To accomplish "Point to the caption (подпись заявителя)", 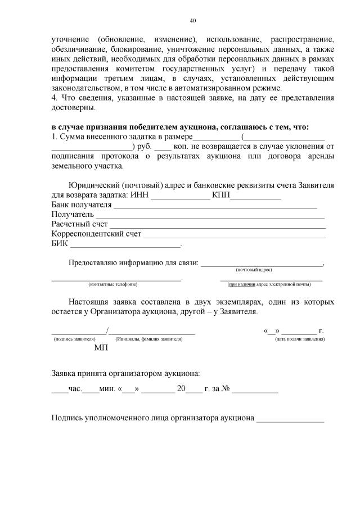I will (74, 339).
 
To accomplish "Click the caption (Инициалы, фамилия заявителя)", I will (148, 339).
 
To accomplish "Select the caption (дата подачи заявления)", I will (299, 339).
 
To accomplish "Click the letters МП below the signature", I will (101, 348).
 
